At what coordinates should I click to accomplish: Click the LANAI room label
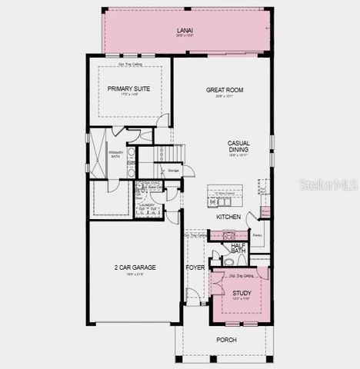(x=185, y=31)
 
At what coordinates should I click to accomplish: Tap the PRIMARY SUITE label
(x=129, y=88)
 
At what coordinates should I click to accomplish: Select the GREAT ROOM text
(x=225, y=90)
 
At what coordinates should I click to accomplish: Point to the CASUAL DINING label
(x=238, y=146)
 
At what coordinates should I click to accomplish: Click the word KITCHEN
(x=228, y=217)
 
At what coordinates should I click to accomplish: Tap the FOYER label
(x=195, y=268)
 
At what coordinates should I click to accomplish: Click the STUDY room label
(x=241, y=292)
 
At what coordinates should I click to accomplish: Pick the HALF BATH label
(x=238, y=248)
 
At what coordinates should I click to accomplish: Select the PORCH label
(x=226, y=339)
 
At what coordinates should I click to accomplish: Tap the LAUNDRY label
(x=147, y=205)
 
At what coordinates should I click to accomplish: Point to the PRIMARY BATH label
(x=115, y=154)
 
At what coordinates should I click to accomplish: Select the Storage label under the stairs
(x=174, y=170)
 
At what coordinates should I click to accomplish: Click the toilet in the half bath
(x=228, y=261)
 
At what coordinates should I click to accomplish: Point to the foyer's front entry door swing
(x=192, y=297)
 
